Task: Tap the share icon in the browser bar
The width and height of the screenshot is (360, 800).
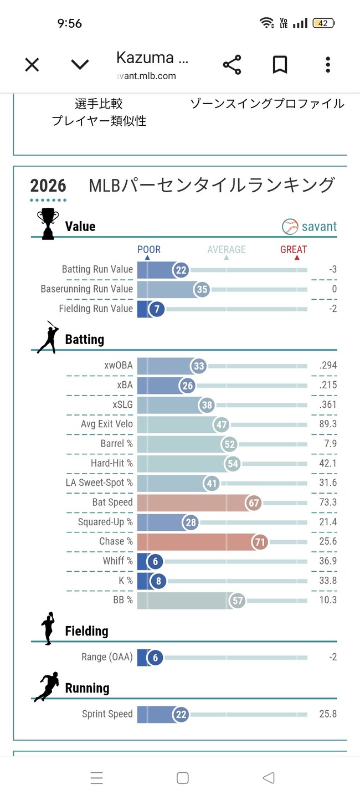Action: coord(232,65)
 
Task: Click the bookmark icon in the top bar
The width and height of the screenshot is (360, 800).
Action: coord(280,65)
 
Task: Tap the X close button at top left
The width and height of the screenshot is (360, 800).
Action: coord(32,65)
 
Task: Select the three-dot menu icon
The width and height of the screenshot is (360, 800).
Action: coord(328,65)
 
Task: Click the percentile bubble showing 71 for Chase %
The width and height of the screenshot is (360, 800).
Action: coord(260,542)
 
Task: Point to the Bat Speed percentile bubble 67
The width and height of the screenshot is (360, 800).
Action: coord(254,503)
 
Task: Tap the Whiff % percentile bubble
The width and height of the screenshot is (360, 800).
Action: coord(155,562)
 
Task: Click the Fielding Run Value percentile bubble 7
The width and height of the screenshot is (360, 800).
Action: coord(157,309)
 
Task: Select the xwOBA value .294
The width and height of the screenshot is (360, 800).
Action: coord(328,366)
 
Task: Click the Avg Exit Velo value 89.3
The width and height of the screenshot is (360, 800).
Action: coord(328,424)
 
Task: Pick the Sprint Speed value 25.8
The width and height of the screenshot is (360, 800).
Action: coord(328,714)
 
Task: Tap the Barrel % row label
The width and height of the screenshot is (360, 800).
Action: coord(116,444)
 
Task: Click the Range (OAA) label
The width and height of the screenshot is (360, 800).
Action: coord(107,657)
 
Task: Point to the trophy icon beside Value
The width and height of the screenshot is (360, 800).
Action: coord(47,223)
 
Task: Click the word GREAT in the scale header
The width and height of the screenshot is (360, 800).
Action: coord(294,250)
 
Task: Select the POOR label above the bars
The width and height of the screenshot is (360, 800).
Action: coord(149,250)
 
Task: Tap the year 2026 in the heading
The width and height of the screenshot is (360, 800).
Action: coord(48,186)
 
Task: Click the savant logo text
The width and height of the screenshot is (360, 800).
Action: coord(318,227)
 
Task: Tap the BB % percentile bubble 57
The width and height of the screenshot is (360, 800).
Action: coord(238,601)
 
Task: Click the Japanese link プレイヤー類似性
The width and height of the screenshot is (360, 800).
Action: coord(99,121)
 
